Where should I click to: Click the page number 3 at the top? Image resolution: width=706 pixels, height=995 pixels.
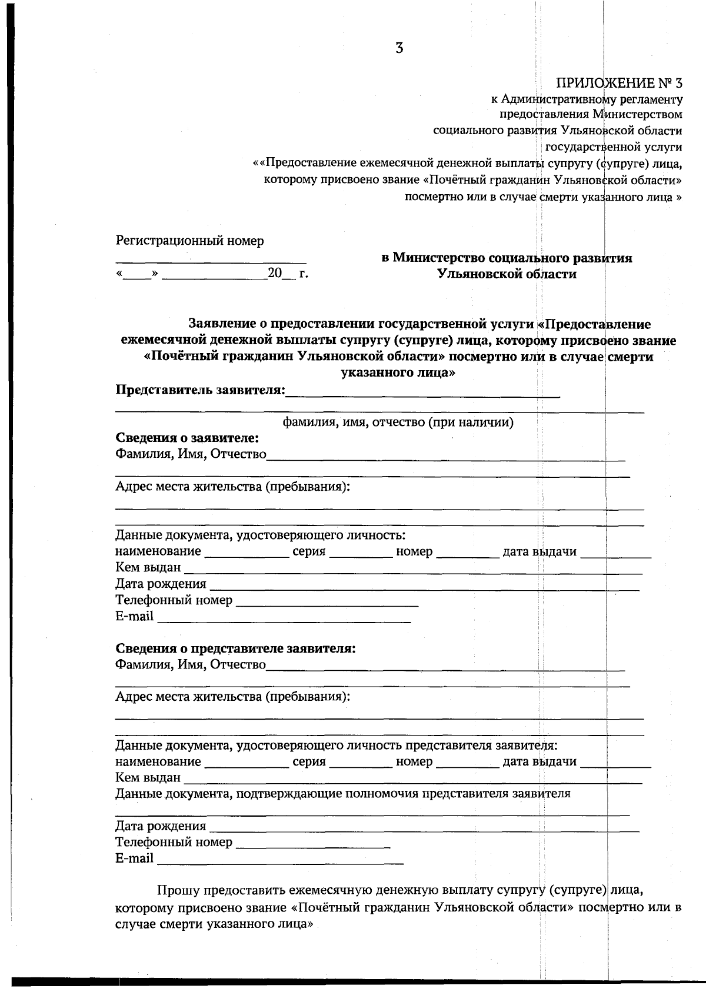[399, 49]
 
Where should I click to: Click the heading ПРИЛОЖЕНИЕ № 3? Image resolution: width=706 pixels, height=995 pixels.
[619, 83]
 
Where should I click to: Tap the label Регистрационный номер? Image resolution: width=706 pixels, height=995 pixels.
[189, 241]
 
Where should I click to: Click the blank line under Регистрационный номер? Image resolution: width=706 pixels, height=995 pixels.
[210, 261]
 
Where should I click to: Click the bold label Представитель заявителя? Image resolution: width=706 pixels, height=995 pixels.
[200, 390]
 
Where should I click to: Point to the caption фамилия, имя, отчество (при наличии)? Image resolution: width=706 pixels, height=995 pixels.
[398, 422]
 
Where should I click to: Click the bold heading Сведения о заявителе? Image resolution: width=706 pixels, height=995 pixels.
[187, 438]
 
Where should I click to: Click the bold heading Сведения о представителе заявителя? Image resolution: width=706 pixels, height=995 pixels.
[235, 648]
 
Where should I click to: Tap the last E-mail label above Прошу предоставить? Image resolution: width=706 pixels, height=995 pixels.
[134, 858]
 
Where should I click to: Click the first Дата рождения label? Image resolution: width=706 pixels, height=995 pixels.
[161, 584]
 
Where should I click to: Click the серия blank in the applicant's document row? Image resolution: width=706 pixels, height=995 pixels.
[361, 555]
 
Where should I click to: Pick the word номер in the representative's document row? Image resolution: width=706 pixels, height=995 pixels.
[414, 761]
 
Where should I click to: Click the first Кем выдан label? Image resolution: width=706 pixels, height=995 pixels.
[148, 568]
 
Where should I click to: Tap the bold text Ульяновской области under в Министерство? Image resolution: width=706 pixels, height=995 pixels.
[507, 274]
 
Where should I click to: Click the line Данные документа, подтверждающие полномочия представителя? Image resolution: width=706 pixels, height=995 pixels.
[342, 794]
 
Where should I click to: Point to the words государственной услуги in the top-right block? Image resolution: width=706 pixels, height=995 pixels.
[614, 147]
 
